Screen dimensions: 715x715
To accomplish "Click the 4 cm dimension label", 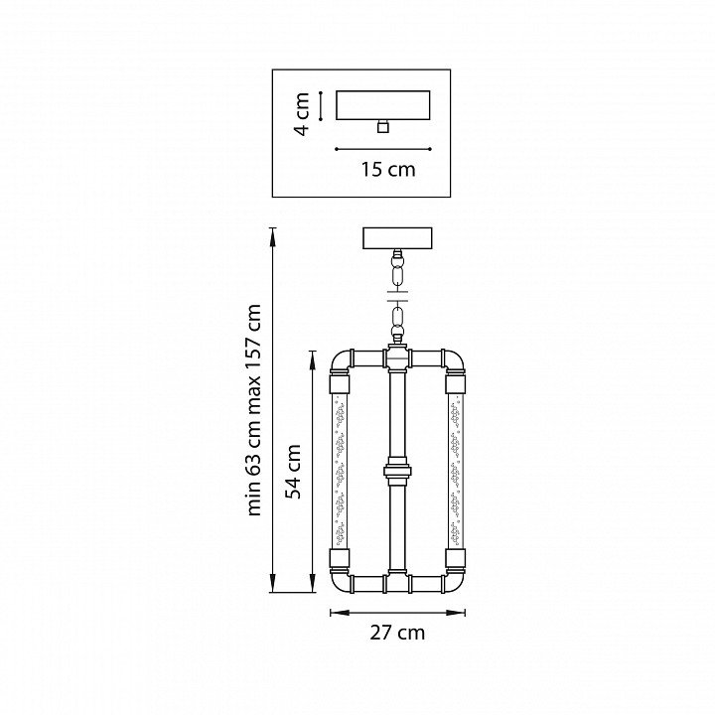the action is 302,114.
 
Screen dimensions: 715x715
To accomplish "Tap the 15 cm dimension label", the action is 388,170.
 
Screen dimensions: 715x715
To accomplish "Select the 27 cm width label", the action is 397,633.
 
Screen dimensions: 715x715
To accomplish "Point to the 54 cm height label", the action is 292,472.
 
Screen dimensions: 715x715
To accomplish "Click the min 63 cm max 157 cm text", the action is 253,410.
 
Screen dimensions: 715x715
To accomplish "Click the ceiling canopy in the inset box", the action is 383,105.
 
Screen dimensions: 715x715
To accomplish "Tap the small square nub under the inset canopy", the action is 383,126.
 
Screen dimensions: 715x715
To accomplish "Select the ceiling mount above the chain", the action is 397,238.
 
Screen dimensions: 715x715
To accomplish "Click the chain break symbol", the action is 397,296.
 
